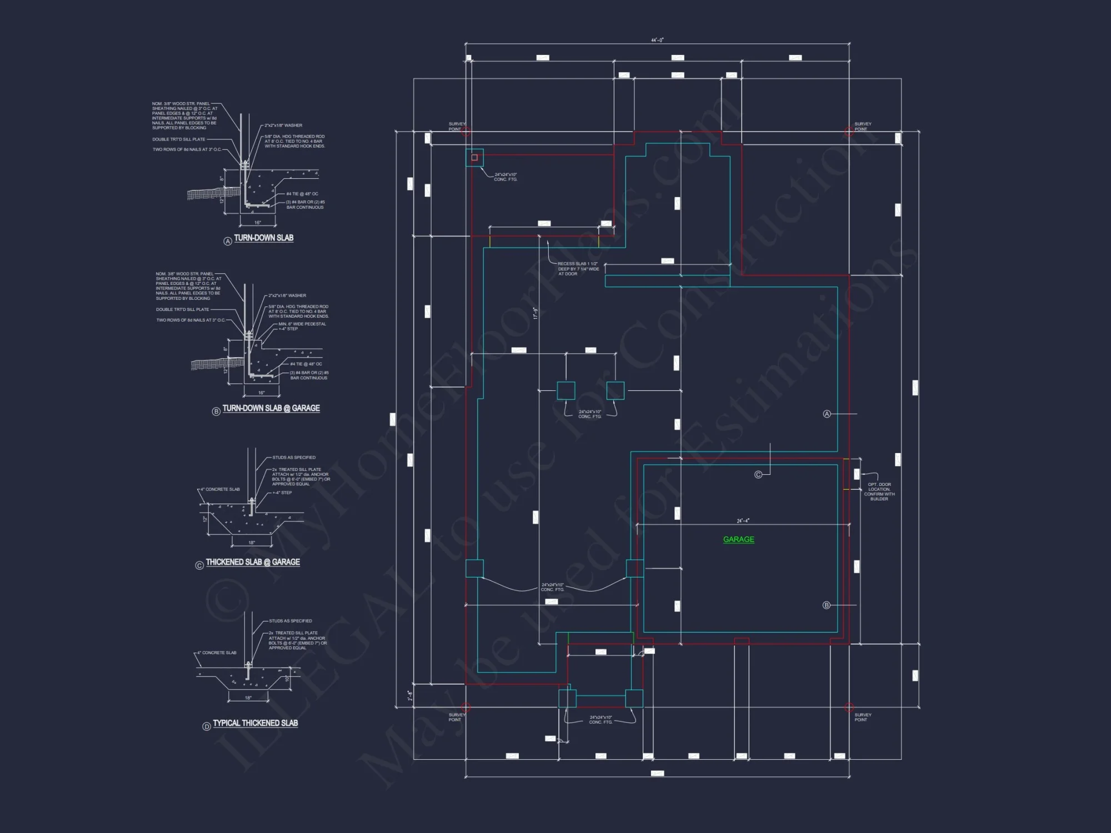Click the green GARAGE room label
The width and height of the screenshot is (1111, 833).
click(738, 539)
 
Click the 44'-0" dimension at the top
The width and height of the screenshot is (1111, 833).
click(657, 41)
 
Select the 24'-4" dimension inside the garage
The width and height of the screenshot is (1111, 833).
click(743, 521)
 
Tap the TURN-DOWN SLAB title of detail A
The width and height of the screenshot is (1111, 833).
click(263, 238)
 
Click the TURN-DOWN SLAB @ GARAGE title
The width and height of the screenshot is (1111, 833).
click(271, 408)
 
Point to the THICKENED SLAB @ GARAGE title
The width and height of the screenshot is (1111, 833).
click(253, 562)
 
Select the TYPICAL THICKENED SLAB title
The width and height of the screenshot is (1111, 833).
click(255, 723)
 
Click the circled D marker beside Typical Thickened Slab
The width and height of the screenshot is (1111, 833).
click(207, 726)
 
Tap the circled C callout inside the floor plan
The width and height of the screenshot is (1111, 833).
click(758, 474)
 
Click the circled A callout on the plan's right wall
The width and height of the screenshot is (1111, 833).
click(827, 414)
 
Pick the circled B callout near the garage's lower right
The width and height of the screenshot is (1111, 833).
click(826, 605)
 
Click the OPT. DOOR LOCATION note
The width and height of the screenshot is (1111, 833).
click(879, 491)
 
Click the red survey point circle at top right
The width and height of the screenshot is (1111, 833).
click(849, 132)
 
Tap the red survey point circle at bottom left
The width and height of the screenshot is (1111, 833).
click(466, 707)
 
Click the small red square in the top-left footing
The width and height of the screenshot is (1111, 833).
click(474, 158)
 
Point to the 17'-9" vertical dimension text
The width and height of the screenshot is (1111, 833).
click(536, 313)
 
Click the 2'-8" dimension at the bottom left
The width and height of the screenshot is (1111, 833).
click(410, 695)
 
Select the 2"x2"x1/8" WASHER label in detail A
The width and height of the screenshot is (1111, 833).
click(283, 126)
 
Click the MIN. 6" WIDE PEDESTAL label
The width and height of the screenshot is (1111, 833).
click(302, 324)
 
